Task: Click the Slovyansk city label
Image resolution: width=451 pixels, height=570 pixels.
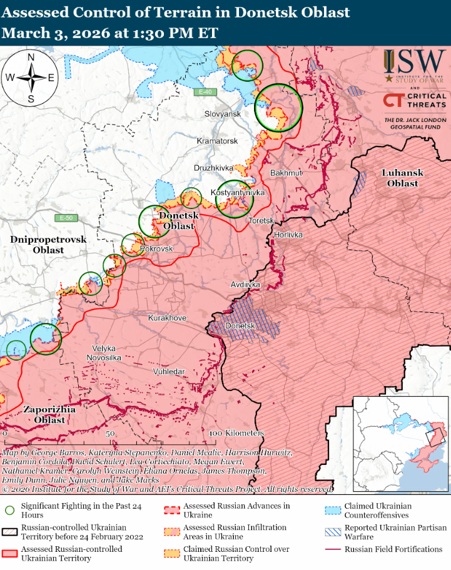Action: click(x=223, y=114)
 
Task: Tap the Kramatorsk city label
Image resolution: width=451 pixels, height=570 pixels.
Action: click(x=217, y=141)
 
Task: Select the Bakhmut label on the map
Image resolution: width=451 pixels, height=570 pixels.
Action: click(x=286, y=172)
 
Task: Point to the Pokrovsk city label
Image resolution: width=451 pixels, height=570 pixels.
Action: click(x=156, y=248)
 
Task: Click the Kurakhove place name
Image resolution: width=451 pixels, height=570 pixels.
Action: click(x=167, y=318)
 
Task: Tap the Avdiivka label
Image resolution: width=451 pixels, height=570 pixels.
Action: click(x=245, y=285)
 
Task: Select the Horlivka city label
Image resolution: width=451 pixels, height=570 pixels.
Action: click(x=288, y=235)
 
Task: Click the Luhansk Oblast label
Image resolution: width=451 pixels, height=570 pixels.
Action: click(x=403, y=178)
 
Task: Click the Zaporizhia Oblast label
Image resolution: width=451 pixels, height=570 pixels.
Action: click(x=49, y=414)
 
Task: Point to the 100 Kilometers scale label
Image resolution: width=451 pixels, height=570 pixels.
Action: click(x=236, y=433)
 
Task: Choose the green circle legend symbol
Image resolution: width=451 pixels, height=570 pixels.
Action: click(x=9, y=509)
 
